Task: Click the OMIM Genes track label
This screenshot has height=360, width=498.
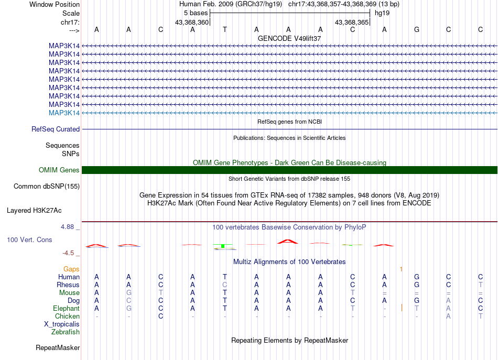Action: tap(59, 170)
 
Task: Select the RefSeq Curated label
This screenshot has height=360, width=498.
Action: tap(56, 129)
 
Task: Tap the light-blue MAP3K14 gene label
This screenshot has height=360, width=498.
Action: tap(64, 113)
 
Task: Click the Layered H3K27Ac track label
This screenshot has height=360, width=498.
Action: tap(34, 210)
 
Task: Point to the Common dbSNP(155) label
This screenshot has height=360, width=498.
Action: tap(47, 186)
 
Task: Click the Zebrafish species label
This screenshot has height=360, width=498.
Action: tap(66, 332)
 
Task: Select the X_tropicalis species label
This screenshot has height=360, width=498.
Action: tap(62, 324)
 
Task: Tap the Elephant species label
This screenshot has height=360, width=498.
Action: tap(66, 308)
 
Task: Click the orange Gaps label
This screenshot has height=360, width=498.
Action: tap(71, 269)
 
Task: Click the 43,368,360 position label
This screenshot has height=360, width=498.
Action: tap(192, 22)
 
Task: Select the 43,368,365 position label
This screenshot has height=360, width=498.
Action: tap(352, 22)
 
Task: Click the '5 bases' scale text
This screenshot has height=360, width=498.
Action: tap(196, 13)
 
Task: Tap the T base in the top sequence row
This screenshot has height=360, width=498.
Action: tap(224, 29)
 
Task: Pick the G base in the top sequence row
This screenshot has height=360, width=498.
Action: tap(416, 29)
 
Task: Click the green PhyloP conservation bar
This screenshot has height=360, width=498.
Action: tap(223, 245)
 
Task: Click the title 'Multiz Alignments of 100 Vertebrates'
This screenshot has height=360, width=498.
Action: tap(289, 261)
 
